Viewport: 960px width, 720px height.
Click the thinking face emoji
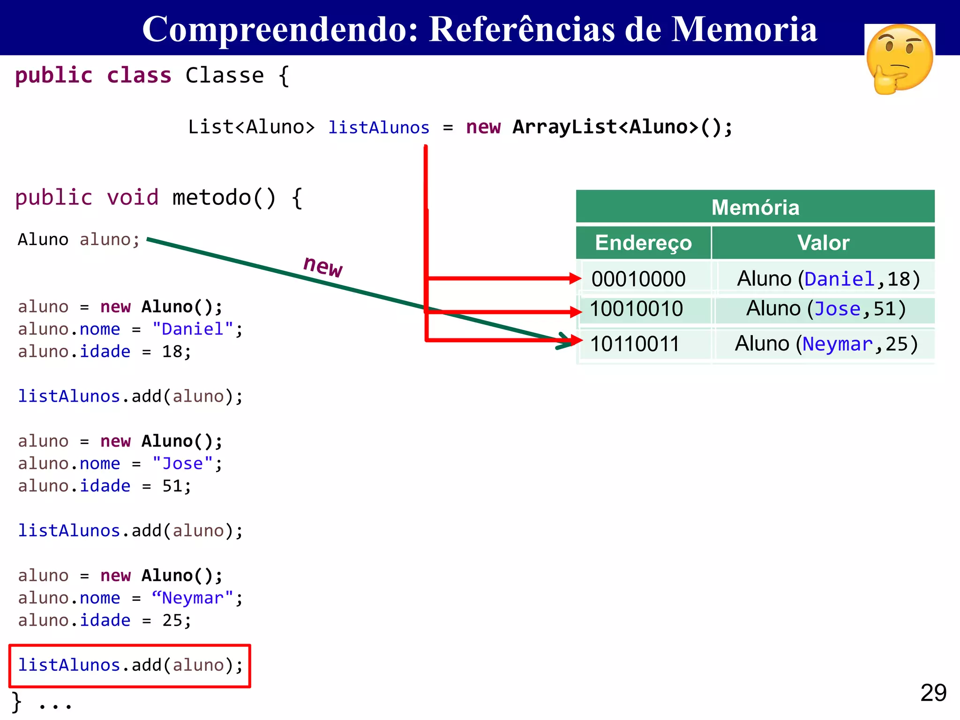[x=900, y=59]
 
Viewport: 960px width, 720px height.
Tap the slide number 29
[x=933, y=692]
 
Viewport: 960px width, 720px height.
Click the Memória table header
[x=755, y=207]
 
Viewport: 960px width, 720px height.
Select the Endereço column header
[x=643, y=243]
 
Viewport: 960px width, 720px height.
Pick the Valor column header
[x=823, y=243]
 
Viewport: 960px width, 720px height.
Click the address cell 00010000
[x=638, y=279]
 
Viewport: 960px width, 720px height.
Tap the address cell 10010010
[x=636, y=309]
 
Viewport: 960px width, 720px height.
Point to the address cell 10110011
[x=635, y=344]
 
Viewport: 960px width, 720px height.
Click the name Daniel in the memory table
[x=840, y=279]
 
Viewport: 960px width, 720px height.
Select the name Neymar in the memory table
[x=837, y=344]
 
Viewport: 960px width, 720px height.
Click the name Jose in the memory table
[x=838, y=309]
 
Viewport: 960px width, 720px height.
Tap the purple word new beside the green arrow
[x=323, y=266]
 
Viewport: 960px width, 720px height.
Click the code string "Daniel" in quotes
[x=193, y=329]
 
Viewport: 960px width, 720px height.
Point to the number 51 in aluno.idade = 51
[x=172, y=486]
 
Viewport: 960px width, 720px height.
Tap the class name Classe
[x=225, y=75]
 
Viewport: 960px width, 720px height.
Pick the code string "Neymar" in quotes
[x=193, y=598]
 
